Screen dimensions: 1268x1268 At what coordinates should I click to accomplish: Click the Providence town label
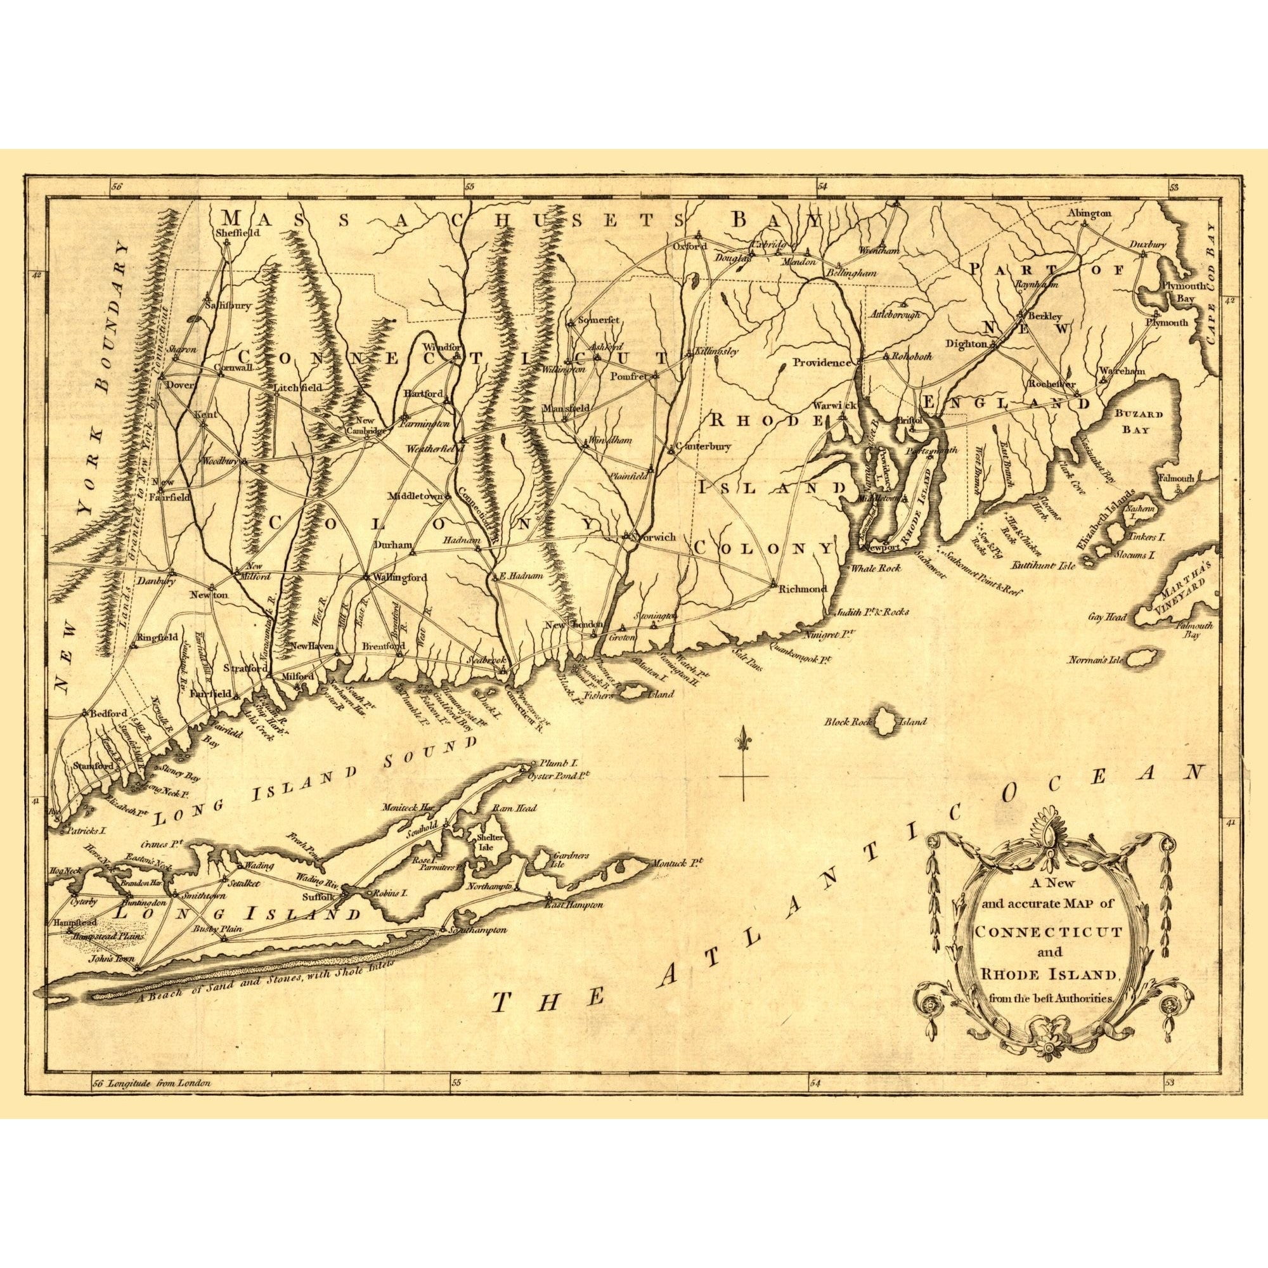pyautogui.click(x=822, y=362)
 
